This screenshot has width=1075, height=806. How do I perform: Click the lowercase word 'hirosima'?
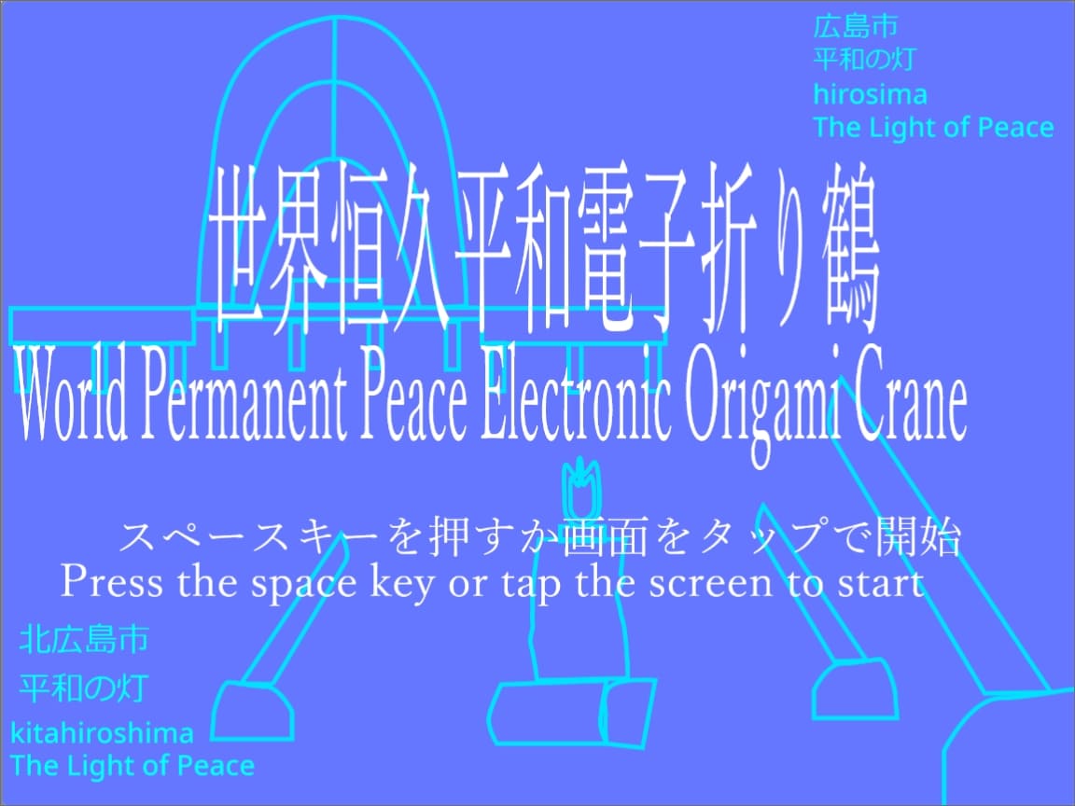coord(870,94)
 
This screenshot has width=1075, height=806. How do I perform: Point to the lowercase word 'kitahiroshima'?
coord(103,733)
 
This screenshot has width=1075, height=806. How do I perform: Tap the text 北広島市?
coord(84,641)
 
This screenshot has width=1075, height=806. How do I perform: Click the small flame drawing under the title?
coord(580,487)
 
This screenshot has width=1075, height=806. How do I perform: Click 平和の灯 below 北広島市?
coord(84,689)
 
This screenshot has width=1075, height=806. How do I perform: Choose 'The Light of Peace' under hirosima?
coord(933,128)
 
